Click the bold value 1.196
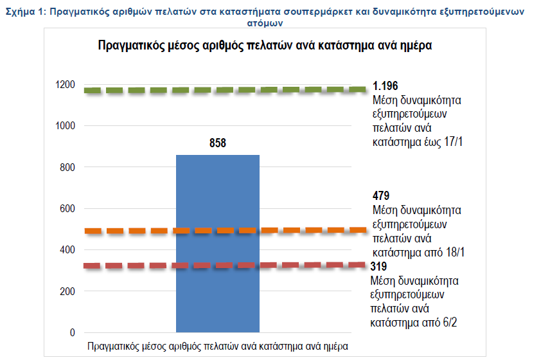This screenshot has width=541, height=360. pyautogui.click(x=386, y=86)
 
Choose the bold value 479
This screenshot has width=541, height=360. pyautogui.click(x=381, y=195)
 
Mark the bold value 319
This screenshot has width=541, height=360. pyautogui.click(x=380, y=266)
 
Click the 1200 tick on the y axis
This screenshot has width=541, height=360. pyautogui.click(x=66, y=85)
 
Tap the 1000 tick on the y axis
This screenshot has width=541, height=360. pyautogui.click(x=66, y=126)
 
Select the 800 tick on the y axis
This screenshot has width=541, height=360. pyautogui.click(x=67, y=167)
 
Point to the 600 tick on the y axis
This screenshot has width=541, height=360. pyautogui.click(x=67, y=209)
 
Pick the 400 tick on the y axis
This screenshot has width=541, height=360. pyautogui.click(x=67, y=250)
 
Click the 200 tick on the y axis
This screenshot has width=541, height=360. pyautogui.click(x=67, y=291)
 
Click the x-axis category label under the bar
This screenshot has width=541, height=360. pyautogui.click(x=218, y=346)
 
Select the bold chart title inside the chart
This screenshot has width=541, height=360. pyautogui.click(x=264, y=46)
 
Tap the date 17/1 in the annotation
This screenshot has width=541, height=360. pyautogui.click(x=453, y=141)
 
